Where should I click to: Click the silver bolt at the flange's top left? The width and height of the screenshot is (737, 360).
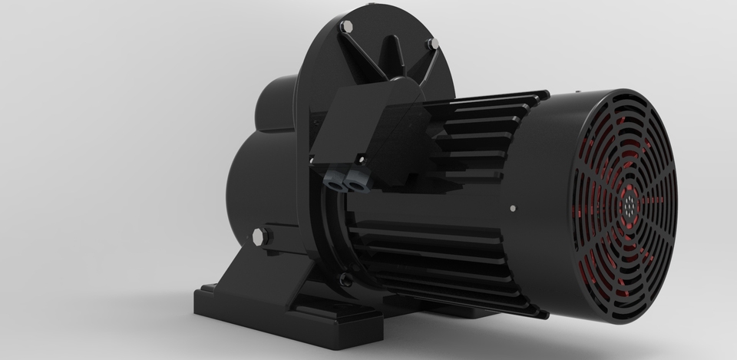345,27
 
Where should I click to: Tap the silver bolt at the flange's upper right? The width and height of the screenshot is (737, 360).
431,45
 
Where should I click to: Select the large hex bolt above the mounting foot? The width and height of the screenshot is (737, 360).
259,236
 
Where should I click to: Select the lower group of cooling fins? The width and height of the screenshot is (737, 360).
453,261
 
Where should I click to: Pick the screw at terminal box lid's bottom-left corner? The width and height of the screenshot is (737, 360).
312,159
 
